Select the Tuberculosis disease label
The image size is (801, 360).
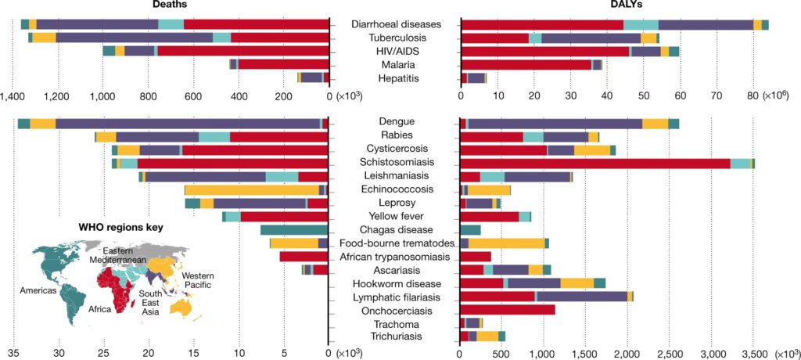[396, 38]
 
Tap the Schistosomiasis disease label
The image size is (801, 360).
[396, 162]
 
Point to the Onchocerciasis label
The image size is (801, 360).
[396, 311]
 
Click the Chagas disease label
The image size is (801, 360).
[396, 229]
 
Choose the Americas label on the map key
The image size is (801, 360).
[38, 290]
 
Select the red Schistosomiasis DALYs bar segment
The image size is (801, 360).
[595, 163]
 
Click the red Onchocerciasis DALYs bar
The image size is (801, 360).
[508, 310]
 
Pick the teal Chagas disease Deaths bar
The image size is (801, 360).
[293, 229]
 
